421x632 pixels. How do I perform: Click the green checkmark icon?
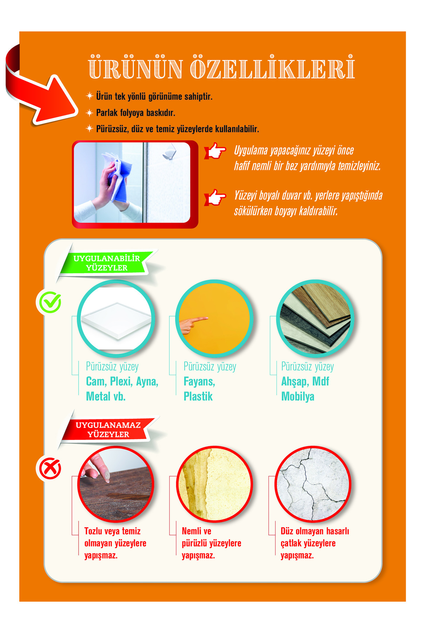(50, 302)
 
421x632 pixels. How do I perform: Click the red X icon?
(50, 468)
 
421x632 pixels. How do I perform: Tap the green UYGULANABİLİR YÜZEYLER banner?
(107, 263)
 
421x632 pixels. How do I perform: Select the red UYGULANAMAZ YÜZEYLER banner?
(108, 429)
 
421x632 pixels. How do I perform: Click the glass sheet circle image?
(116, 318)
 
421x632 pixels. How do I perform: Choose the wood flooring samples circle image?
(315, 318)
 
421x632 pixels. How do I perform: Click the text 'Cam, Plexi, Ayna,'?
(122, 381)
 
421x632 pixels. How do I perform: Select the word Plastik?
(198, 396)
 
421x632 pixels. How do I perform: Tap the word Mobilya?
(298, 396)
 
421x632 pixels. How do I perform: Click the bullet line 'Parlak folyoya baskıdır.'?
(135, 113)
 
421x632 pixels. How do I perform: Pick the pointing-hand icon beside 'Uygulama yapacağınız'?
(215, 151)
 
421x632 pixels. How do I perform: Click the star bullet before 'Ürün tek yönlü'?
(89, 96)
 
